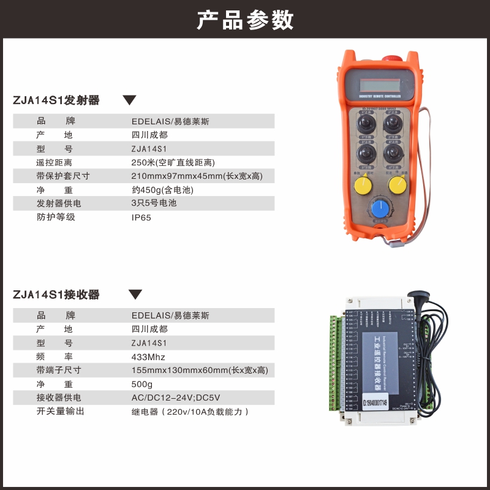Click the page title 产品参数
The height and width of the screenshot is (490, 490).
245,20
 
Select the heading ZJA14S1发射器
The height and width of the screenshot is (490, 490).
56,100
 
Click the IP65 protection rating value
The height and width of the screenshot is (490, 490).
141,217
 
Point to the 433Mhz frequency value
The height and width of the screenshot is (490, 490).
148,357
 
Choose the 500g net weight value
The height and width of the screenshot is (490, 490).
142,384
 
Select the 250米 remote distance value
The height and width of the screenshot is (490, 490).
173,162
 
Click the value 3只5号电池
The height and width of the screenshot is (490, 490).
154,203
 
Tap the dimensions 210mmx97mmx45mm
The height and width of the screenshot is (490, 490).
197,176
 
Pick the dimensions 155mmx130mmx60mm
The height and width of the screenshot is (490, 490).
200,371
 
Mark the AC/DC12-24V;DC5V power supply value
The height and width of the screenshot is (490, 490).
175,398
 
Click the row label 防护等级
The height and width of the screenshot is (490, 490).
56,217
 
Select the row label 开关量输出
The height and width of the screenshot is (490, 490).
61,411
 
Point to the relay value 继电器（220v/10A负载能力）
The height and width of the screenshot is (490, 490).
190,412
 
